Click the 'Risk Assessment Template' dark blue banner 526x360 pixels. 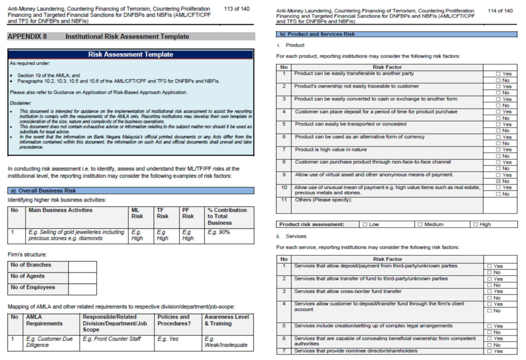coord(131,54)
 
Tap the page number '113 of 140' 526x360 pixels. coord(237,9)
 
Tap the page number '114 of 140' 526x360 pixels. coord(500,11)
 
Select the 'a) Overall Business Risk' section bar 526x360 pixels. coord(131,191)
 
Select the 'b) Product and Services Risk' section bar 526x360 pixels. coord(396,34)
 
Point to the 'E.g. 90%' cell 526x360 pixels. coord(219,232)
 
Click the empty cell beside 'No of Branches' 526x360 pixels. coord(82,267)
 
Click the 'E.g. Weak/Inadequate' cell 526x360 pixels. coord(226,342)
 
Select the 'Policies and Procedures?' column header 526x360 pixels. coord(173,320)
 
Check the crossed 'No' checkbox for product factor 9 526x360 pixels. coord(498,181)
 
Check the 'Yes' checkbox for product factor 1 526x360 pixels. coord(498,73)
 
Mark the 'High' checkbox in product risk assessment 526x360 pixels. coord(476,224)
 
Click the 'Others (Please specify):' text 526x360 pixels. coord(323,200)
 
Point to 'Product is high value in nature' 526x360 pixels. coord(331,150)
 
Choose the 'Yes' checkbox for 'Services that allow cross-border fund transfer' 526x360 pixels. coord(489,292)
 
